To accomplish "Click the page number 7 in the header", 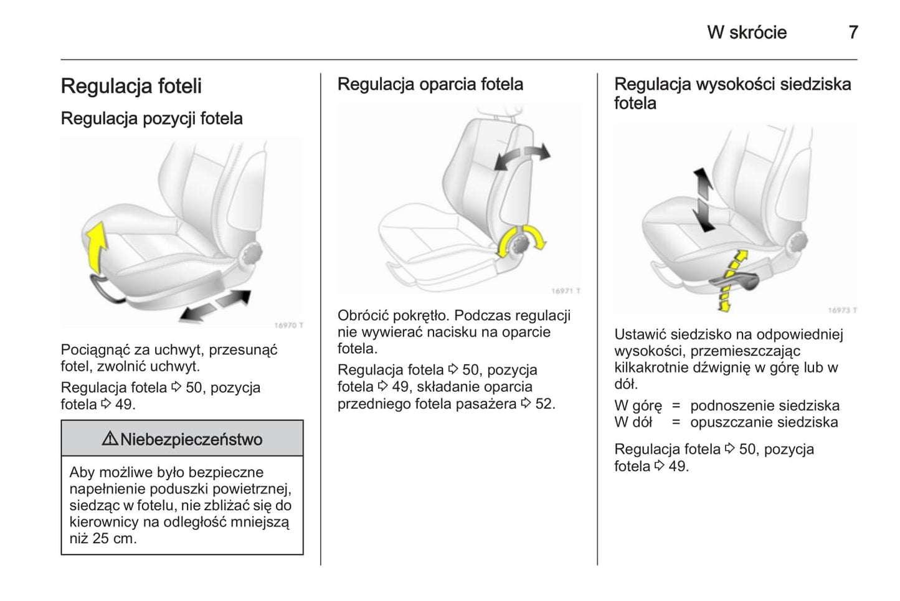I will [x=853, y=32].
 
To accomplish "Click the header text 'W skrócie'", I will [x=746, y=32].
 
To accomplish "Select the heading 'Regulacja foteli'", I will [x=131, y=87].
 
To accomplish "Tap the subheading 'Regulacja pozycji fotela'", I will [x=151, y=118].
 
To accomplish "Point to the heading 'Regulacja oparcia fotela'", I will [x=430, y=84].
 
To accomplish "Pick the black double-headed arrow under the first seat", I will [x=215, y=306].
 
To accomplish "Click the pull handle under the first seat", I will [x=106, y=289].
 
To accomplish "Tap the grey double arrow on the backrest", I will [x=522, y=156].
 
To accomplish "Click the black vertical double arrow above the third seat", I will [x=704, y=199].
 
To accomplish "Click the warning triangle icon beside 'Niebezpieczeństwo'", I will [x=110, y=439].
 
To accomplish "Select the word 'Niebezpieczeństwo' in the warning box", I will [x=191, y=440].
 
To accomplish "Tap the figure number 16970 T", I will [x=288, y=325].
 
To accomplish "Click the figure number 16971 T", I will [x=565, y=291].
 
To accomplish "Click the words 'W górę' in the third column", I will [x=638, y=405].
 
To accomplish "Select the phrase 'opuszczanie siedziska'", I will [x=764, y=422].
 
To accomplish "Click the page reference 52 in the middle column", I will [x=543, y=404].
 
